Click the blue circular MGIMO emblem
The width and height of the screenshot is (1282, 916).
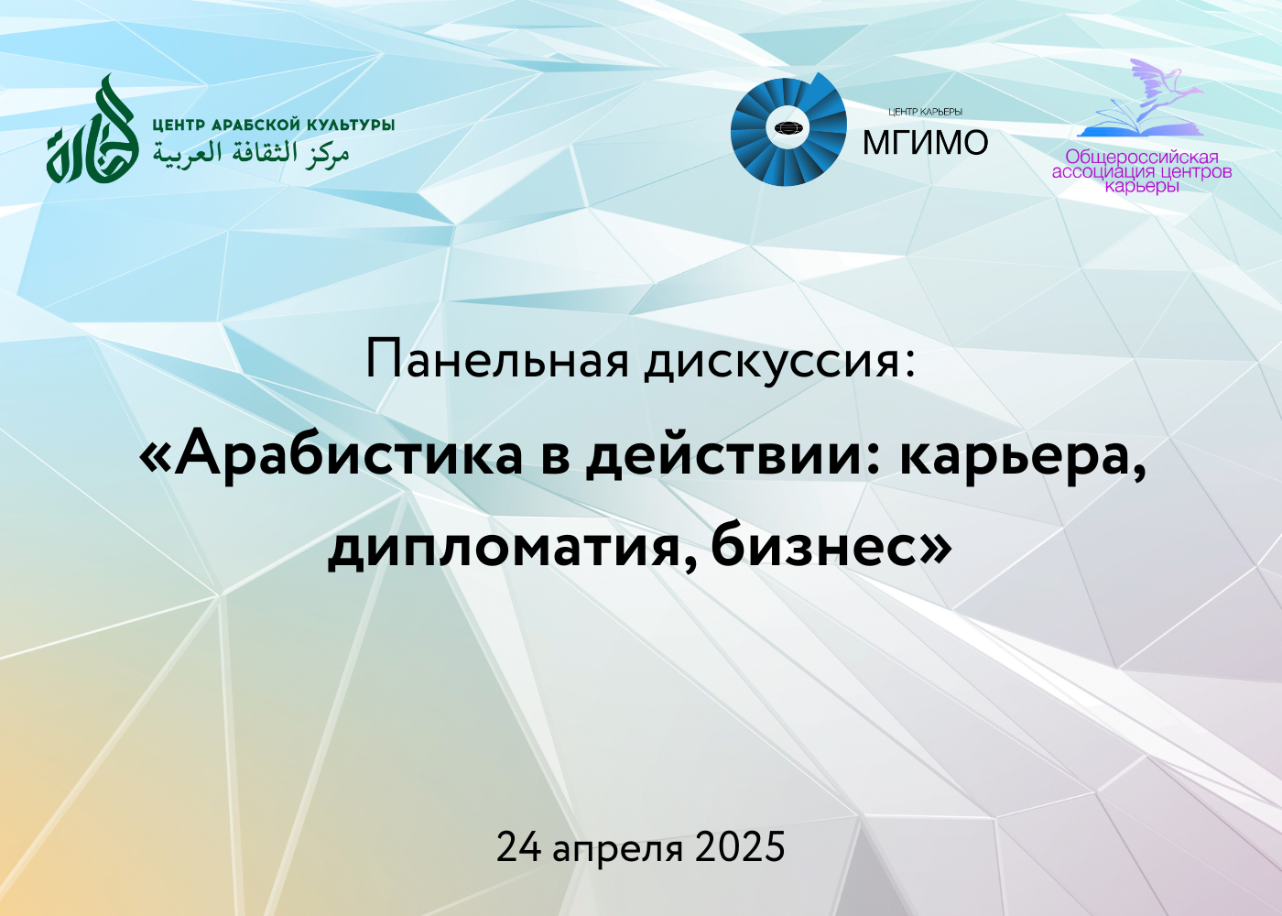click(788, 129)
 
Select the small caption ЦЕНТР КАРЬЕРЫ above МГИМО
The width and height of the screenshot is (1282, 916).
click(926, 112)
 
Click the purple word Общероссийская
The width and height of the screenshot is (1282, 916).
click(1142, 157)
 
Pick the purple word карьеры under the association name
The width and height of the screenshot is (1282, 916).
click(1142, 187)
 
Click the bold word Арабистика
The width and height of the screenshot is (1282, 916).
click(347, 457)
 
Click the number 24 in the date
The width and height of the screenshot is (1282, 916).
click(518, 847)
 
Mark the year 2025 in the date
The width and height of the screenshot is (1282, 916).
click(739, 847)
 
